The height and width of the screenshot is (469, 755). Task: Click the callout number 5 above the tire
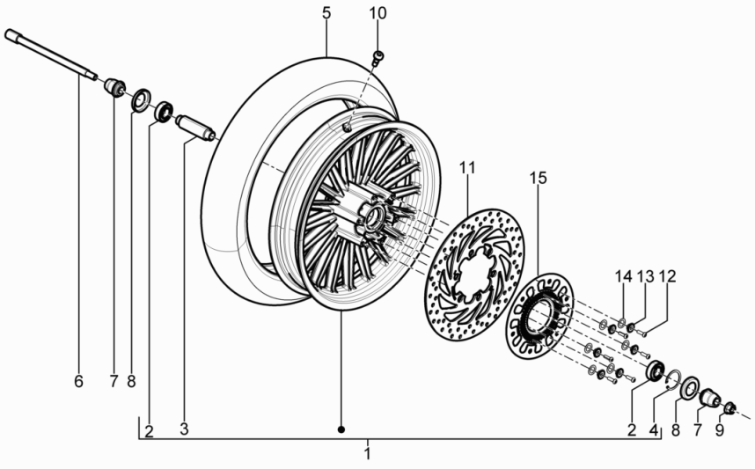click(326, 13)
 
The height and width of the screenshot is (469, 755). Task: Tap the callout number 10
click(377, 13)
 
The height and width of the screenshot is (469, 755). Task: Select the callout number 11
click(466, 166)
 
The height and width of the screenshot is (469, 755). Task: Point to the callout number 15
click(539, 178)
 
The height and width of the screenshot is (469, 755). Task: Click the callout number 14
click(623, 277)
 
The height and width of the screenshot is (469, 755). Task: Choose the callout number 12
click(667, 277)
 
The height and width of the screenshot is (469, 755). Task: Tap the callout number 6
click(78, 381)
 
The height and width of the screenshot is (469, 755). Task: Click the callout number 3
click(184, 429)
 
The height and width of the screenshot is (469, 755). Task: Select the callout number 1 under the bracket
click(368, 454)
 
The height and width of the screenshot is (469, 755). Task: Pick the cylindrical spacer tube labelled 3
click(195, 128)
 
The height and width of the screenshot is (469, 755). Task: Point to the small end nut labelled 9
click(729, 407)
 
